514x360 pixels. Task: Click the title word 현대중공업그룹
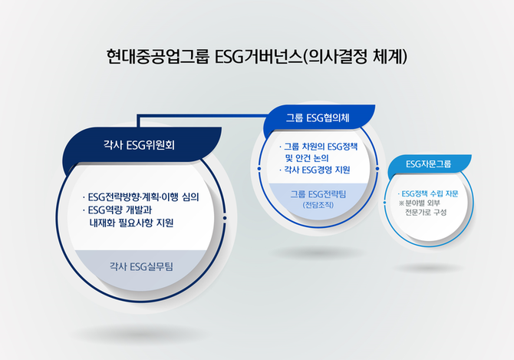tap(158, 57)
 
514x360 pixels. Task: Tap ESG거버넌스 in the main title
tap(259, 57)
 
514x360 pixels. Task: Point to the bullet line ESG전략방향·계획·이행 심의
tap(141, 197)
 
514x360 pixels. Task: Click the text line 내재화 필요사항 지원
tap(131, 223)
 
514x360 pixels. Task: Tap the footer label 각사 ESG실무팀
tap(141, 266)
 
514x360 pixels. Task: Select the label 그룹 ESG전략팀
tap(318, 194)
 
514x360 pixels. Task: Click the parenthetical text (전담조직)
tap(318, 205)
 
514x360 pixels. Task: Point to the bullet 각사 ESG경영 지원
tap(315, 170)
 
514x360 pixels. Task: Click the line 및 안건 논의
tap(307, 158)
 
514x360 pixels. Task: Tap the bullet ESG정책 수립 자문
tap(428, 193)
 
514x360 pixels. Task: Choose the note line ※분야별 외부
tap(420, 203)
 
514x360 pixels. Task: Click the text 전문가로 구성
tap(426, 212)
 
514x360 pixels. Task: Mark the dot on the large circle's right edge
tap(225, 218)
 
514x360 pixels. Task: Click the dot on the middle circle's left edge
tap(259, 169)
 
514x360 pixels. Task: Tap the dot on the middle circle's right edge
tap(377, 169)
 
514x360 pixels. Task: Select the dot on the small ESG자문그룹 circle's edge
tap(384, 203)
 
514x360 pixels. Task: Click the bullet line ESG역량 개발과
tap(117, 210)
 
